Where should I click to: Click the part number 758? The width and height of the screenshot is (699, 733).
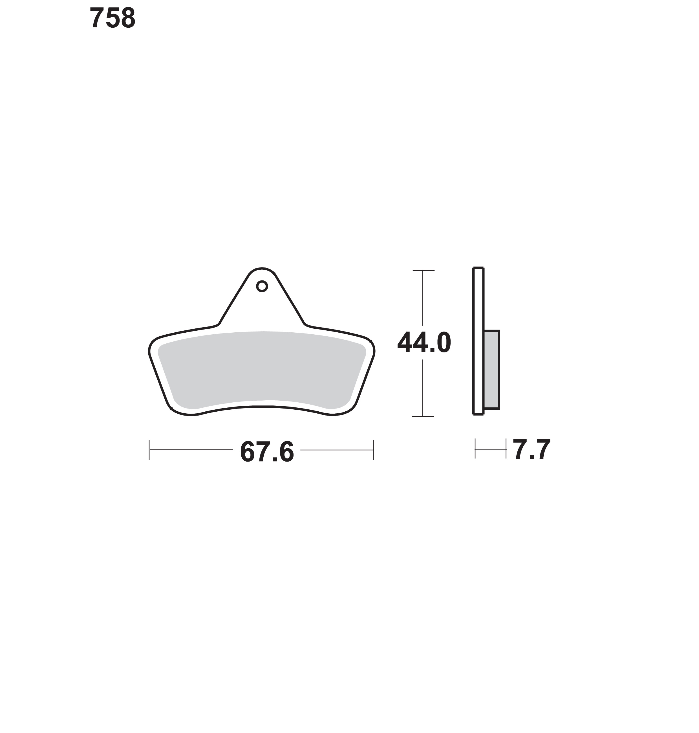(x=113, y=18)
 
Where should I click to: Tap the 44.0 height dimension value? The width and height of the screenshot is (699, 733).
(x=424, y=343)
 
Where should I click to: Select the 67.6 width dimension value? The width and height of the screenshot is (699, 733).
(x=267, y=452)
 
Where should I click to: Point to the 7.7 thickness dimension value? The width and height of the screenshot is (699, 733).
(x=531, y=450)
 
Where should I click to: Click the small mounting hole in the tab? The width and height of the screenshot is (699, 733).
(x=262, y=286)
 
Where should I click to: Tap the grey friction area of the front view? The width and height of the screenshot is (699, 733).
(x=262, y=369)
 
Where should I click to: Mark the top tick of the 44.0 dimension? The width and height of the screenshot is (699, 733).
(x=423, y=270)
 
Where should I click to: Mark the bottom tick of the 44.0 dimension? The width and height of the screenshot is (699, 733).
(x=423, y=416)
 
